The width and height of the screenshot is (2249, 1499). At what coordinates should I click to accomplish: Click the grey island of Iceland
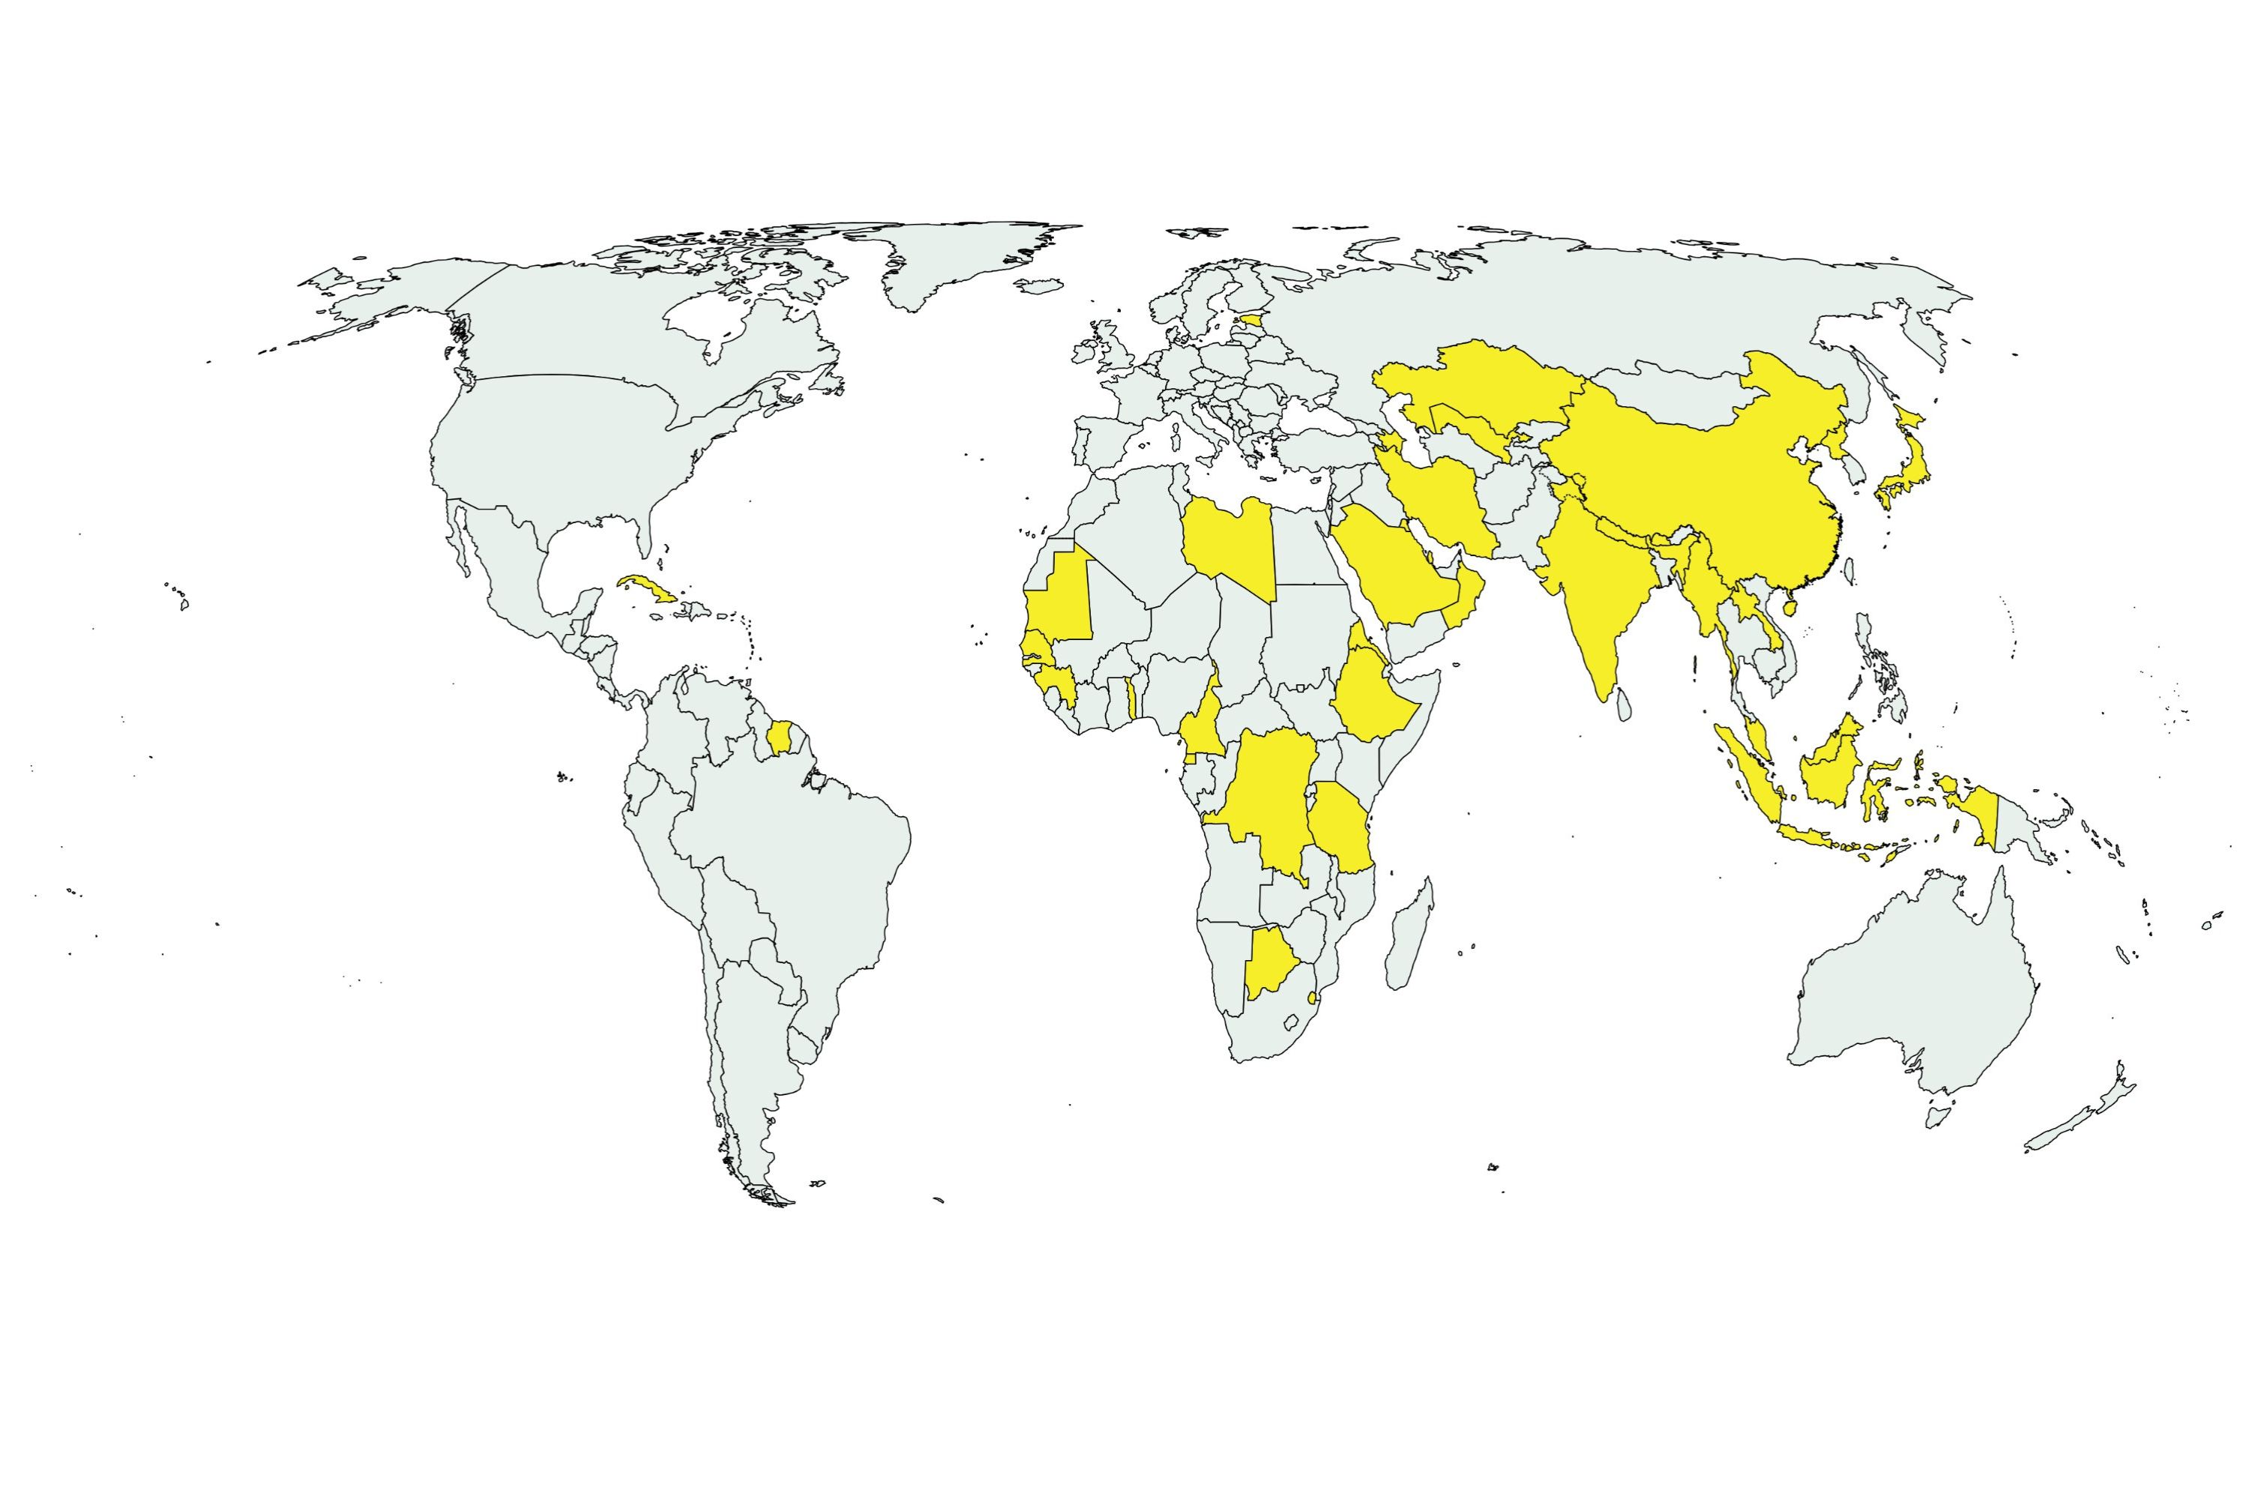[x=1038, y=285]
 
